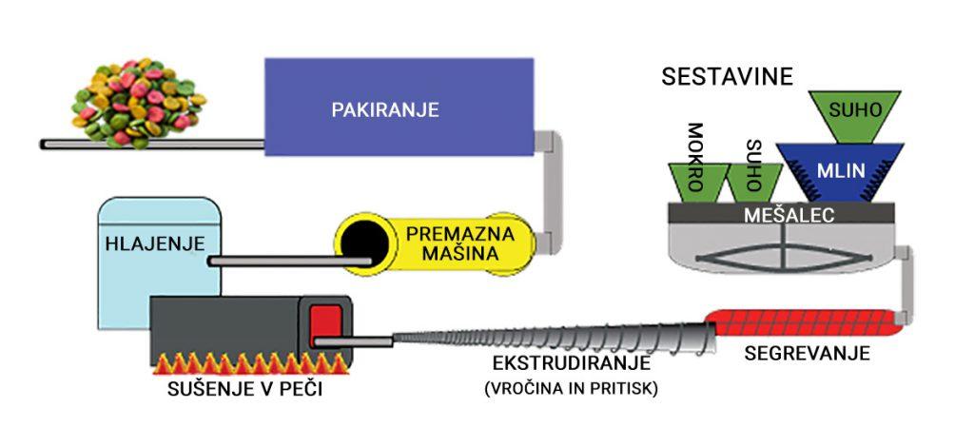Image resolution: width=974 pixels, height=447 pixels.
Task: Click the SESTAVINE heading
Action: click(727, 77)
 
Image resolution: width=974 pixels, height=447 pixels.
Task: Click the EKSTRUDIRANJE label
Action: click(571, 363)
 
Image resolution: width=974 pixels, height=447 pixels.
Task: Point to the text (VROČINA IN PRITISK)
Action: click(571, 387)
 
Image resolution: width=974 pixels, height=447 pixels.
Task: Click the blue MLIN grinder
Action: click(839, 171)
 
